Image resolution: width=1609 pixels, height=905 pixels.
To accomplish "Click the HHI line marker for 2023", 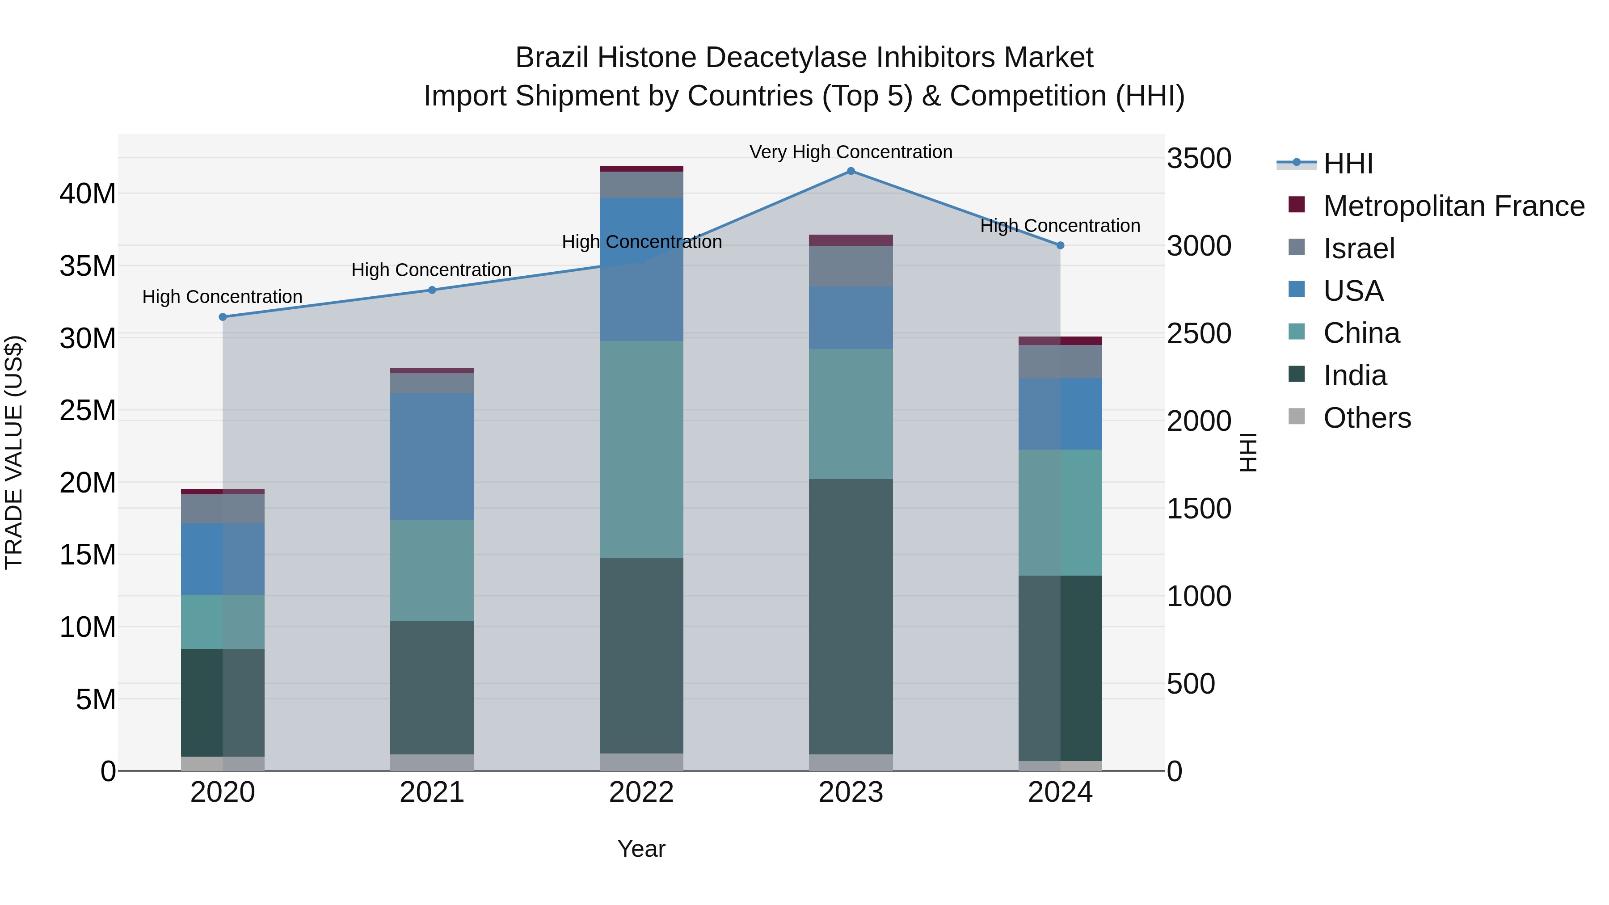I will point(851,171).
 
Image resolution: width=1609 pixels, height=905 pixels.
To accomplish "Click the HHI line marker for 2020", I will point(223,317).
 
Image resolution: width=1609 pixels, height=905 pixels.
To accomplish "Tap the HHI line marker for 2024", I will point(1060,245).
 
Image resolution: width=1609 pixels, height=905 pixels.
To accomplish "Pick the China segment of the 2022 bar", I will point(641,450).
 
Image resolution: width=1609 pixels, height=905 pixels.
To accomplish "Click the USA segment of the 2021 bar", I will point(432,457).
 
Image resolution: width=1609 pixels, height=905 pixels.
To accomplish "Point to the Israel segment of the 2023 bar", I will point(851,266).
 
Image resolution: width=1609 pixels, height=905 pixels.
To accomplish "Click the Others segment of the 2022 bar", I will point(641,762).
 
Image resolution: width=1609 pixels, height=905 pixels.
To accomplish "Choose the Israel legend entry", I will point(1359,248).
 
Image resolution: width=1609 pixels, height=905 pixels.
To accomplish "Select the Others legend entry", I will point(1367,418).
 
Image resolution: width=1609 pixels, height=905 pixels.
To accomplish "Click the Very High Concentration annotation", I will point(851,152).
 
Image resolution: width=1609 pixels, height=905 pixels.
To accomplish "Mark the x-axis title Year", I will point(641,849).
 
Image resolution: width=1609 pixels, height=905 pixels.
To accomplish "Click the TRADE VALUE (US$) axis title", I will point(14,452).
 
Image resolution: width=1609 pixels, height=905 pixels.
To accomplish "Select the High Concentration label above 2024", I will point(1060,226).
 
